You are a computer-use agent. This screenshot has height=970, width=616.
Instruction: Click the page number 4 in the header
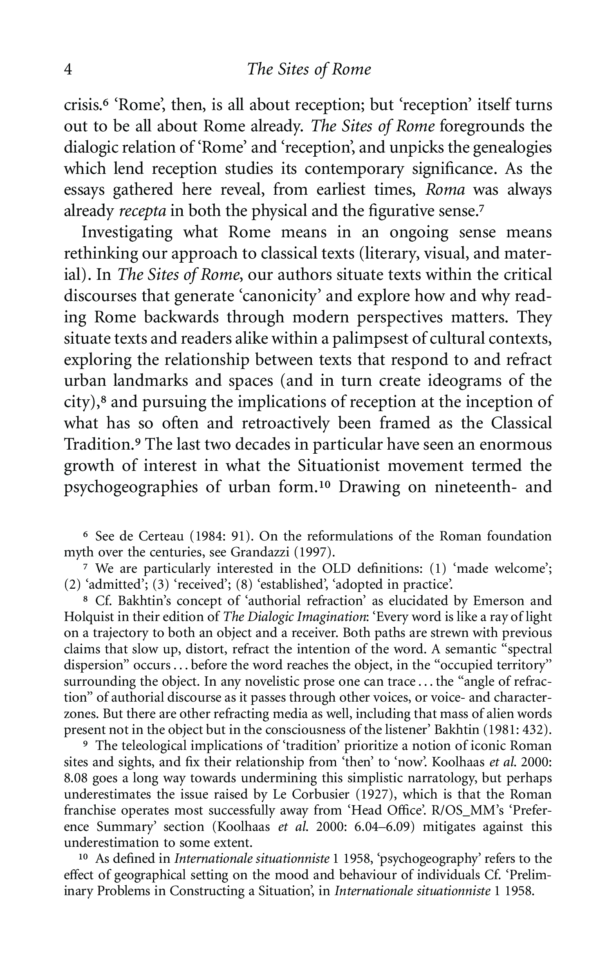coord(69,70)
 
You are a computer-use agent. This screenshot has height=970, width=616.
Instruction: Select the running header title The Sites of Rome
coord(309,70)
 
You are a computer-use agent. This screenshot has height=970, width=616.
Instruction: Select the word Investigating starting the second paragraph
coord(127,232)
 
